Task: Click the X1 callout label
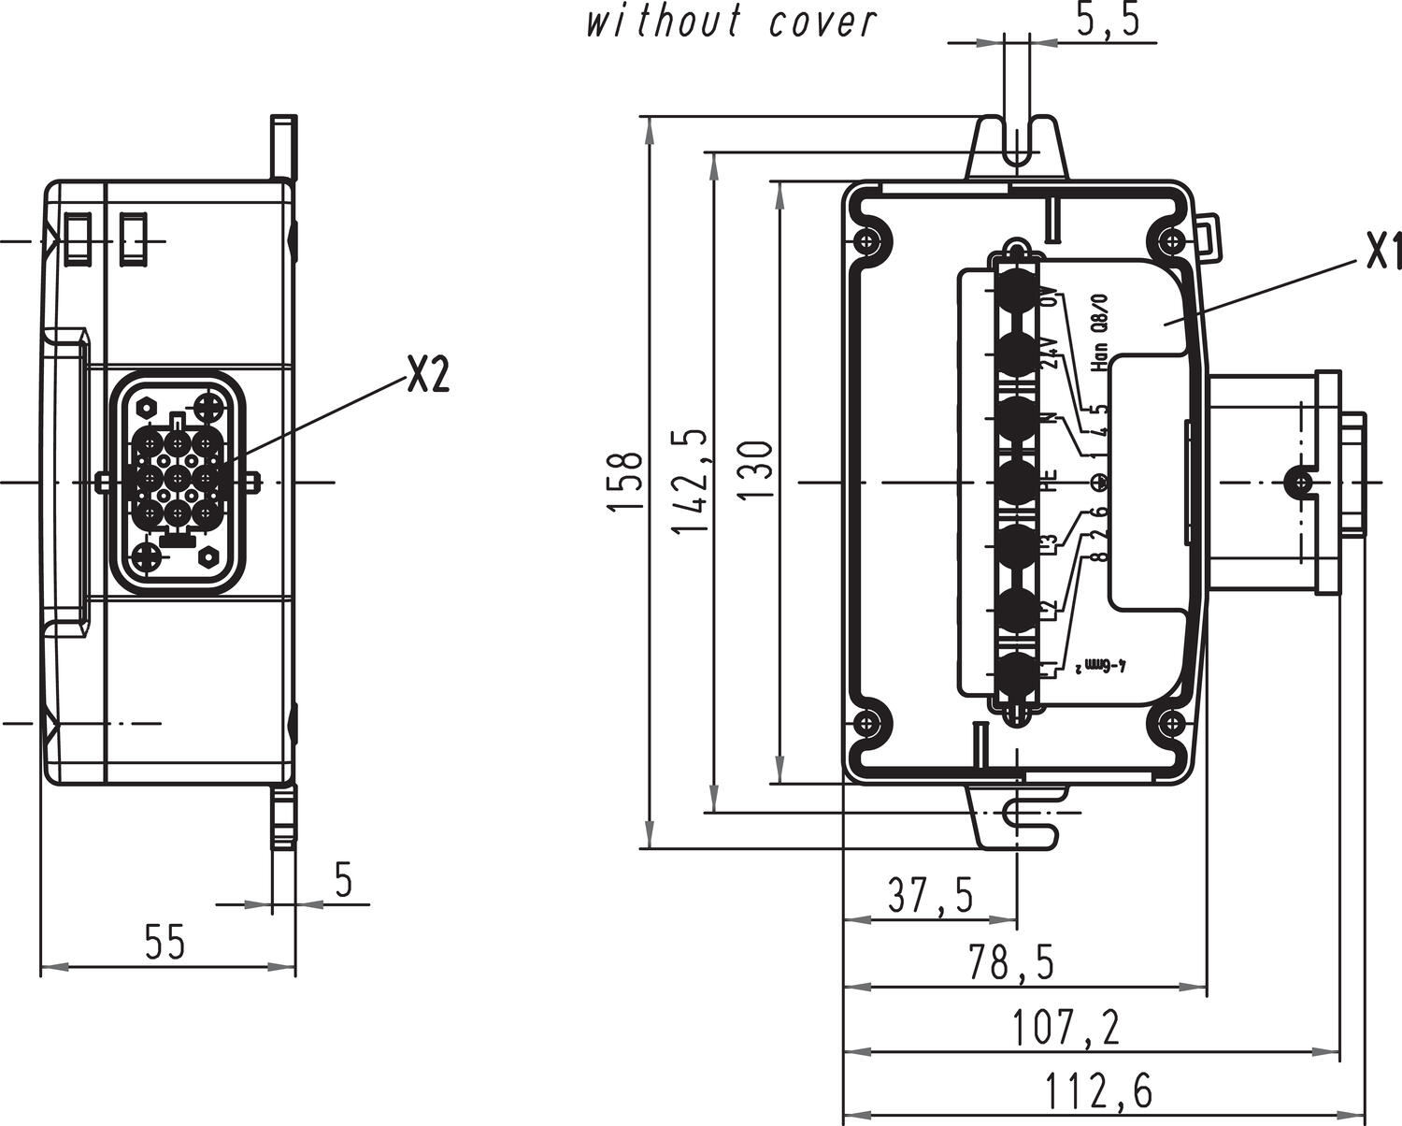[x=1381, y=251]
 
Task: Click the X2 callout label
[x=427, y=375]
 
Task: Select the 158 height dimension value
[x=625, y=481]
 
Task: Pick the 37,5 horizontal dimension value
[x=929, y=895]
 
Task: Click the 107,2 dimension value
[x=1066, y=1029]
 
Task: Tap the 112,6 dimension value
[x=1098, y=1090]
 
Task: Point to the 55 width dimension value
[x=165, y=942]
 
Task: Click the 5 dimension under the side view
[x=343, y=880]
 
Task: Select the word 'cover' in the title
[x=823, y=21]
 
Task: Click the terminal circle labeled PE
[x=1019, y=481]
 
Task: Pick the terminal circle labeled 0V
[x=1019, y=291]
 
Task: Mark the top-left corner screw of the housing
[x=869, y=240]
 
